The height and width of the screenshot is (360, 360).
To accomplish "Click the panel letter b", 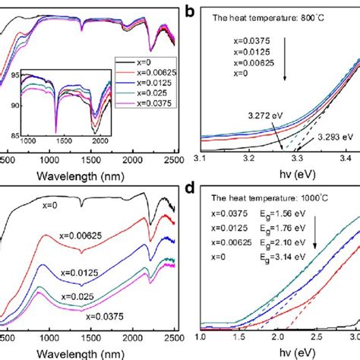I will coord(192,9).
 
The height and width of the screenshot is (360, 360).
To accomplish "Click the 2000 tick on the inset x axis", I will coord(103,141).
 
